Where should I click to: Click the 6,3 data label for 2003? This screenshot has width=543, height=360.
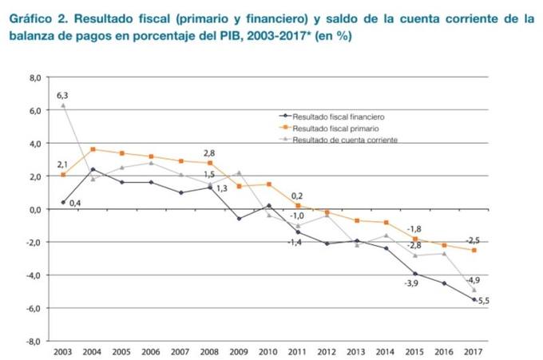point(61,96)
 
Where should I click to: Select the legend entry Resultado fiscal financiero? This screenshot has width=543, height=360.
point(339,116)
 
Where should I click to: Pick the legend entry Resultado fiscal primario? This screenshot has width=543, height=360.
point(335,128)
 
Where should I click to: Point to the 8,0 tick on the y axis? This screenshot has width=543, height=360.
point(34,78)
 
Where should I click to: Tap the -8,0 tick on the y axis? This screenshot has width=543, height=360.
point(33,341)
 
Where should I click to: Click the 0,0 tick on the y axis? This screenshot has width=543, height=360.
point(34,209)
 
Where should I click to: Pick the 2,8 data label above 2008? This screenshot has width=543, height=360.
point(210,152)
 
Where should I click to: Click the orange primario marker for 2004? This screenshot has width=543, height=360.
point(93,149)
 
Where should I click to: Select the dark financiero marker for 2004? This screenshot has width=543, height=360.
point(93,169)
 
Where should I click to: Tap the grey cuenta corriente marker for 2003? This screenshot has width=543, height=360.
point(63,105)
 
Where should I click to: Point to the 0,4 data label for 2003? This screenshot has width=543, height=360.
point(76,204)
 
